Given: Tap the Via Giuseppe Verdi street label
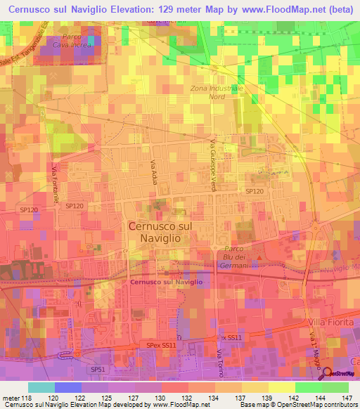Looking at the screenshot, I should [212, 158].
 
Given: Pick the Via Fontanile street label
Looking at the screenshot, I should [53, 181].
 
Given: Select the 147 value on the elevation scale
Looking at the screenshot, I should [348, 399].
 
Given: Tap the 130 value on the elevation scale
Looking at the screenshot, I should [162, 399].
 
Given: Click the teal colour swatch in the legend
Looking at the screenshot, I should [41, 387].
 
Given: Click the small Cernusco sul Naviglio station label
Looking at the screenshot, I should [166, 283].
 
